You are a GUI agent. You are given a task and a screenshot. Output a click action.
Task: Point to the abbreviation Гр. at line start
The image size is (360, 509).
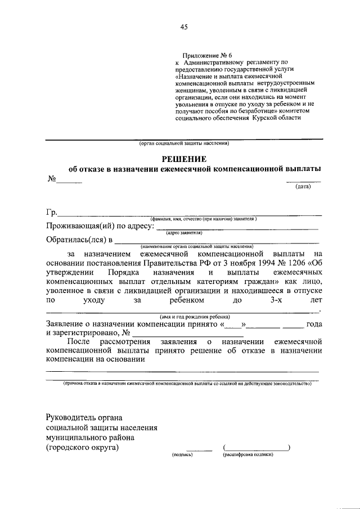pyautogui.click(x=51, y=213)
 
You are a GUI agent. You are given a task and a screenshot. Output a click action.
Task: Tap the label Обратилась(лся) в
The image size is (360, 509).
pyautogui.click(x=79, y=240)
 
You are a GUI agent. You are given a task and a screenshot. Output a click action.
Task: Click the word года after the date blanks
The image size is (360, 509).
pyautogui.click(x=313, y=325)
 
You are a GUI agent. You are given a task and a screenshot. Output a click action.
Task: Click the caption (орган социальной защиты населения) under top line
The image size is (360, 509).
pyautogui.click(x=184, y=143)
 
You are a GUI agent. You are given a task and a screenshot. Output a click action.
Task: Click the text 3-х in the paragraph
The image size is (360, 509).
pyautogui.click(x=277, y=301)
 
